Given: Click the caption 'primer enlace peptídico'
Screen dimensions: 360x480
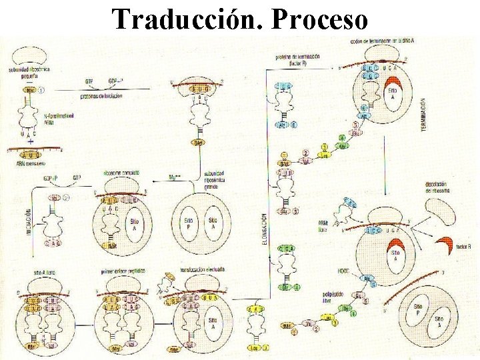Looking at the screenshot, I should coord(123,273).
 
